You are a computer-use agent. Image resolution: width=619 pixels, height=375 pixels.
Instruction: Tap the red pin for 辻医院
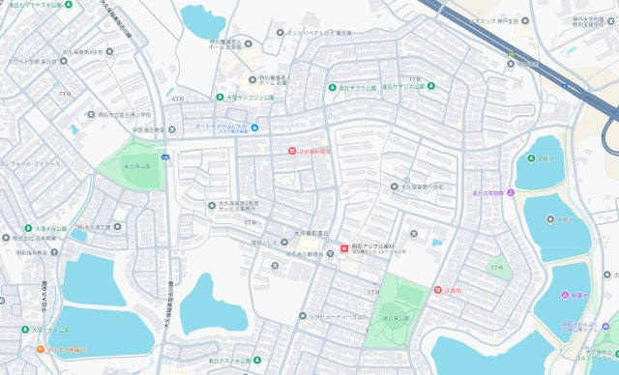[x=437, y=291]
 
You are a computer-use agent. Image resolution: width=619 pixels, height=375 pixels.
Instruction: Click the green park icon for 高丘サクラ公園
[x=331, y=86]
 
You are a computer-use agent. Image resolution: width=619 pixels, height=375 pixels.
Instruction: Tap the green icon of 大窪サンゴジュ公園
[x=221, y=97]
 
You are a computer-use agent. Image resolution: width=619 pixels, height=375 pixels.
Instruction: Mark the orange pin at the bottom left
[x=41, y=349]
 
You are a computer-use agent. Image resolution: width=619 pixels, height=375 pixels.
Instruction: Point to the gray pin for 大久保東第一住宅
[x=394, y=187]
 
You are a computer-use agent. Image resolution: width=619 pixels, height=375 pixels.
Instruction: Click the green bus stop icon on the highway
[x=511, y=54]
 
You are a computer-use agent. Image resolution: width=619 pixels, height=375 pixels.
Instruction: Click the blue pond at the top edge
[x=203, y=17]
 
